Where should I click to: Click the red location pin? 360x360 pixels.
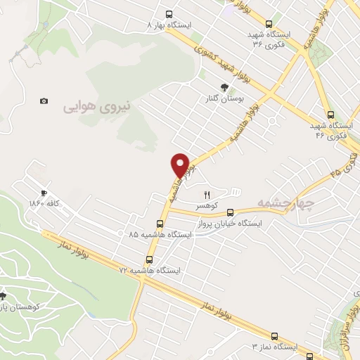pyautogui.click(x=181, y=165)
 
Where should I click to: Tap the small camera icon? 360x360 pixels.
pyautogui.click(x=44, y=101)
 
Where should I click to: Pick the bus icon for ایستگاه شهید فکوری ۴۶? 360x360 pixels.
pyautogui.click(x=330, y=115)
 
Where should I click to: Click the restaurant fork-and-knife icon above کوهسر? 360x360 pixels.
pyautogui.click(x=207, y=195)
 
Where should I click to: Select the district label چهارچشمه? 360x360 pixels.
pyautogui.click(x=284, y=202)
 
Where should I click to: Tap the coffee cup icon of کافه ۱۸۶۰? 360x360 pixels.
pyautogui.click(x=44, y=193)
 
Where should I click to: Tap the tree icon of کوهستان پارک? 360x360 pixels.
pyautogui.click(x=2, y=296)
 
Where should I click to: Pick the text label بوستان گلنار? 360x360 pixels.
pyautogui.click(x=224, y=99)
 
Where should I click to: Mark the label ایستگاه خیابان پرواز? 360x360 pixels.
pyautogui.click(x=231, y=223)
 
